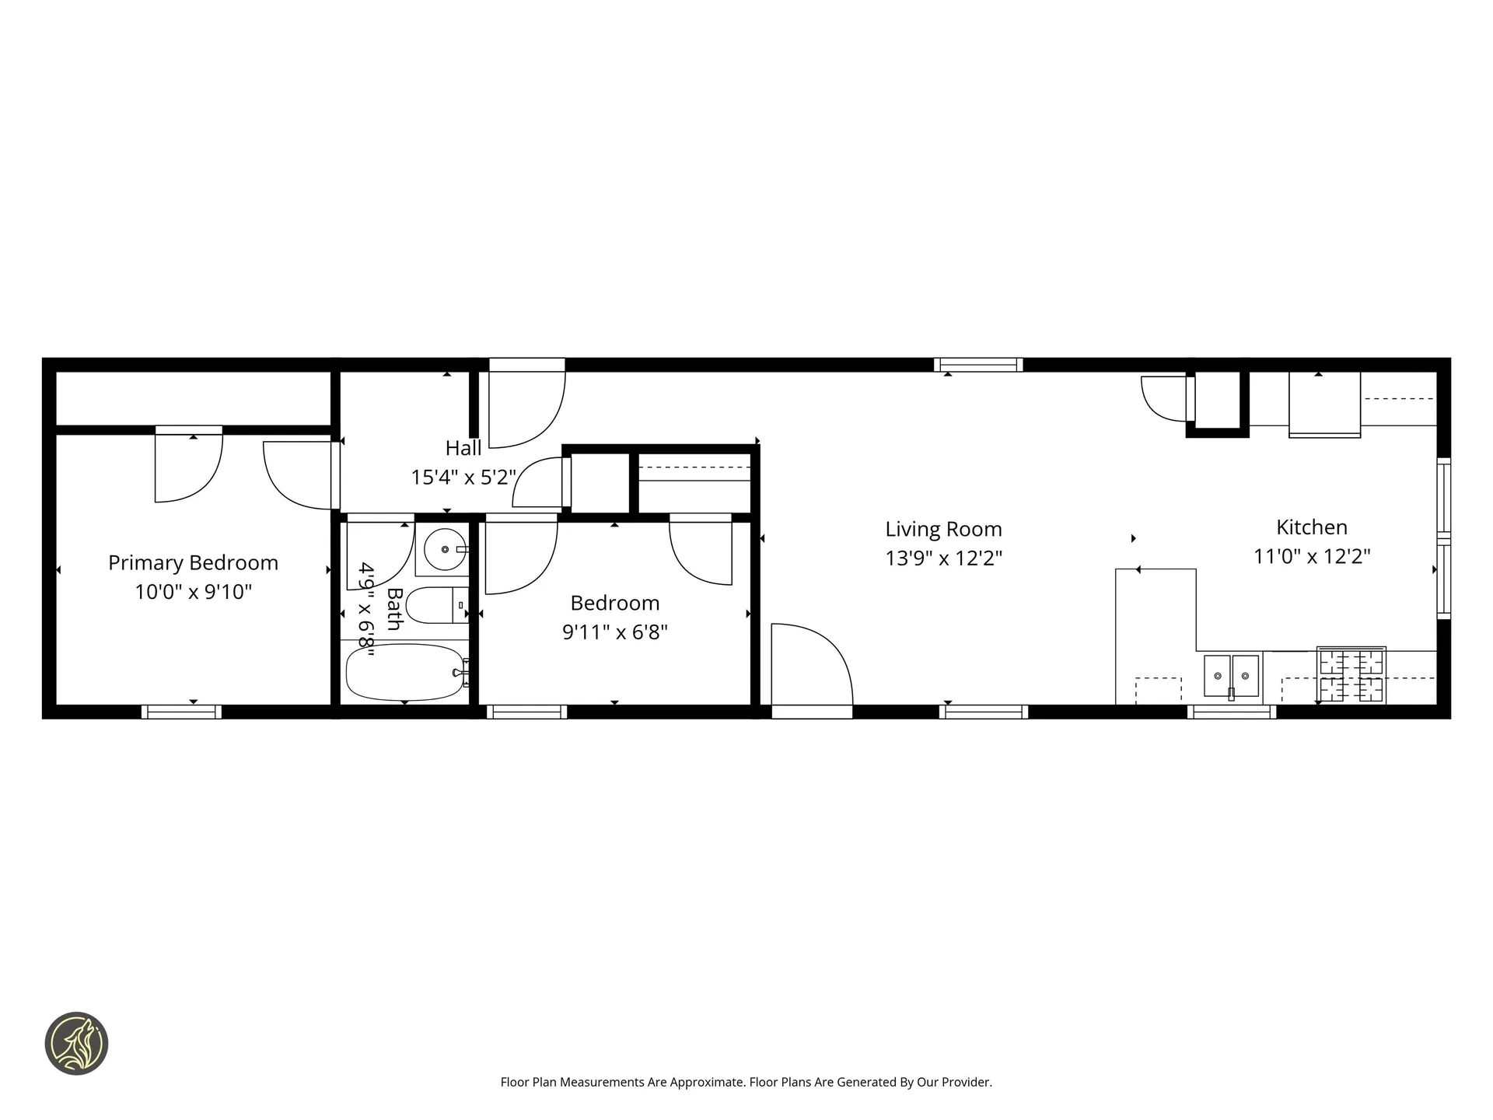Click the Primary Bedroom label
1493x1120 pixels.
[193, 562]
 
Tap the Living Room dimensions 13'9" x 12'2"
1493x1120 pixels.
[943, 558]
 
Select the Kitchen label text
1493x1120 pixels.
[1311, 527]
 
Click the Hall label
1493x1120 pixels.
[463, 448]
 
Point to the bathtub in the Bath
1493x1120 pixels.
[405, 673]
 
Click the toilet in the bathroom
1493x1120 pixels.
[435, 605]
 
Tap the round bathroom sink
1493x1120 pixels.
[445, 549]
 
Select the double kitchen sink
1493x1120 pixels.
[1231, 675]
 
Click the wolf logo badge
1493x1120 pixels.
[76, 1044]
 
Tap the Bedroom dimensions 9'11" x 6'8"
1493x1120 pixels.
[614, 632]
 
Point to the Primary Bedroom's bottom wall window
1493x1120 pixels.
[181, 712]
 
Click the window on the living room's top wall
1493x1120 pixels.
[978, 365]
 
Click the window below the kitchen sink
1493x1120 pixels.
[1231, 712]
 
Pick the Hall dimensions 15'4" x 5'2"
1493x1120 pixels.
[463, 477]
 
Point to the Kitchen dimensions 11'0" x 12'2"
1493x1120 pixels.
[1311, 557]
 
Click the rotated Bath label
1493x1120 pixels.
[394, 609]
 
